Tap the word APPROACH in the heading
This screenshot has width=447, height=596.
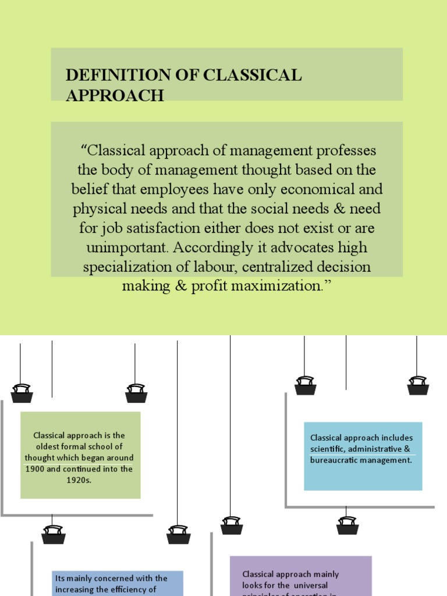coord(115,95)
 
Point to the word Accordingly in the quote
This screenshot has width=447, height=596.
coord(206,247)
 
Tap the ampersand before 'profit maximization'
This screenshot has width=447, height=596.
coord(182,286)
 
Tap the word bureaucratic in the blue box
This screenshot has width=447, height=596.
coord(334,460)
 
